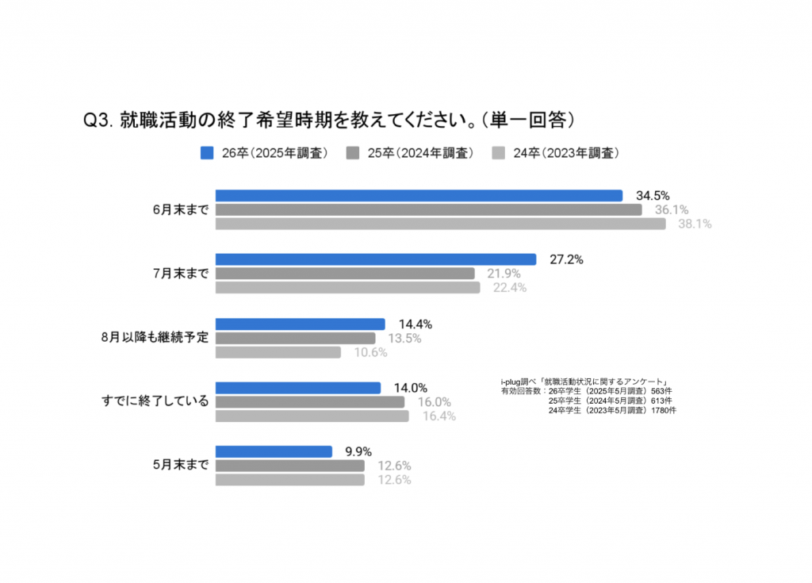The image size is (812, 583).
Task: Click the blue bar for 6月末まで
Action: [419, 196]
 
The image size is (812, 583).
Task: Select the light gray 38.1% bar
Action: [440, 224]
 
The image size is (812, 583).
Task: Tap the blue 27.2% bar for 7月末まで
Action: [376, 259]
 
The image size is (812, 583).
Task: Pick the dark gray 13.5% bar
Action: [295, 338]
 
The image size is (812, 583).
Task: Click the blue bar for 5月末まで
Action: [274, 451]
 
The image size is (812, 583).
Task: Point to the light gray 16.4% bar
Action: [312, 416]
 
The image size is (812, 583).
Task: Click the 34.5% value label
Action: [653, 196]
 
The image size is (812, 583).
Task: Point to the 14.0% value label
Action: [411, 388]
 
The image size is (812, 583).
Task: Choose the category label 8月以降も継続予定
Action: [155, 337]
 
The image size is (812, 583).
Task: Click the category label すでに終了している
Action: [151, 401]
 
